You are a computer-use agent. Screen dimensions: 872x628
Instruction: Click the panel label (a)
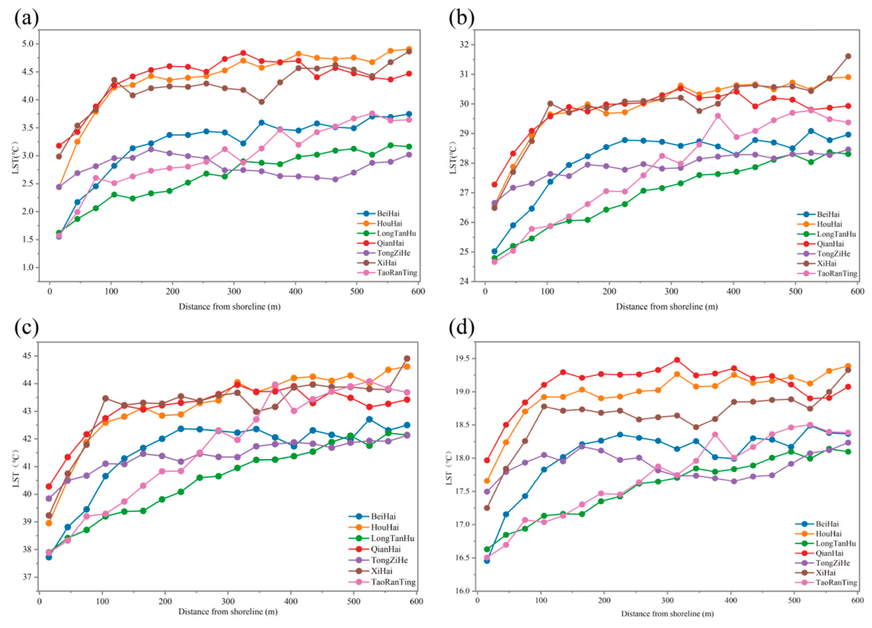click(26, 18)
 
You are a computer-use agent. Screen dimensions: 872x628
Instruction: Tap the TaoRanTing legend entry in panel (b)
click(827, 273)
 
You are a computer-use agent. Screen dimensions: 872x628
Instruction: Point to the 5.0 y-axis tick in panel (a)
click(32, 44)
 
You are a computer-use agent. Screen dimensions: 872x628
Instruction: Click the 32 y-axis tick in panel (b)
click(466, 44)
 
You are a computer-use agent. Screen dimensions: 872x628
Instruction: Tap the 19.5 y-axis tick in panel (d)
click(463, 359)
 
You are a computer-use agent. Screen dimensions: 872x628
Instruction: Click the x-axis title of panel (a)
click(230, 306)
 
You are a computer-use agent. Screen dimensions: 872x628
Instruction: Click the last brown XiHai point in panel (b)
click(848, 56)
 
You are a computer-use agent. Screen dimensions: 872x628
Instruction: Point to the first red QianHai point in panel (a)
click(59, 145)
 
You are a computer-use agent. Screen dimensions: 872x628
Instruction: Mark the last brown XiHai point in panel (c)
click(407, 359)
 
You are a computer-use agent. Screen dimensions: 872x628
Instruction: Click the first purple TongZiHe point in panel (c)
click(49, 499)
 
